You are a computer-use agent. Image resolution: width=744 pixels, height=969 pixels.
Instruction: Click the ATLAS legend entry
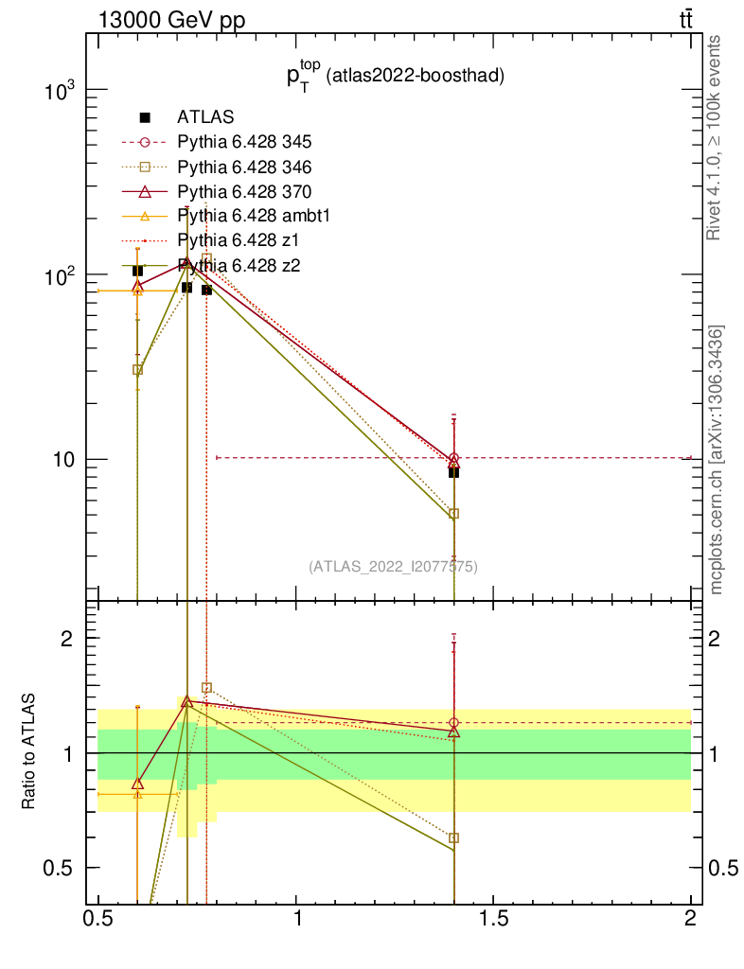coord(205,117)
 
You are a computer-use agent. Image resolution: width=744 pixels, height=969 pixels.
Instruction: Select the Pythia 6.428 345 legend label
coord(244,142)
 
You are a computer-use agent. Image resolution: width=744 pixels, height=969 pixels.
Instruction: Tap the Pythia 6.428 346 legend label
coord(244,167)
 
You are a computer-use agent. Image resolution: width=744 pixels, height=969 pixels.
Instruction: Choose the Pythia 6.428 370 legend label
coord(244,191)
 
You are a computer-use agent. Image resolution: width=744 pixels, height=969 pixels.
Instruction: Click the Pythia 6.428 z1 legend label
coord(237,240)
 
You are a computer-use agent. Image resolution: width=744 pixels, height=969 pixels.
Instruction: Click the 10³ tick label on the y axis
coord(62,92)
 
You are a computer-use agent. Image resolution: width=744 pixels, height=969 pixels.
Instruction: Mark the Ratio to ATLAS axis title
coord(29,751)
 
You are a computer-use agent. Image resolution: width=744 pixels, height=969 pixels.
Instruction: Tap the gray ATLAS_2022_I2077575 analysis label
coord(393,567)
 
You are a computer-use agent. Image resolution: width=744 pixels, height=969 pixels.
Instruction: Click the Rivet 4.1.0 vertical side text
coord(715,137)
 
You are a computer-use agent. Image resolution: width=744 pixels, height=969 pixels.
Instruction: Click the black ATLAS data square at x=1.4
coord(454,472)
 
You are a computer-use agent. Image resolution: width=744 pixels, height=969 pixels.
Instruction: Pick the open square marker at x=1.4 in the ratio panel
coord(454,837)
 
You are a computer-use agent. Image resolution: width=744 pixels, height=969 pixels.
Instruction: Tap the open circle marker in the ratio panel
coord(454,723)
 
